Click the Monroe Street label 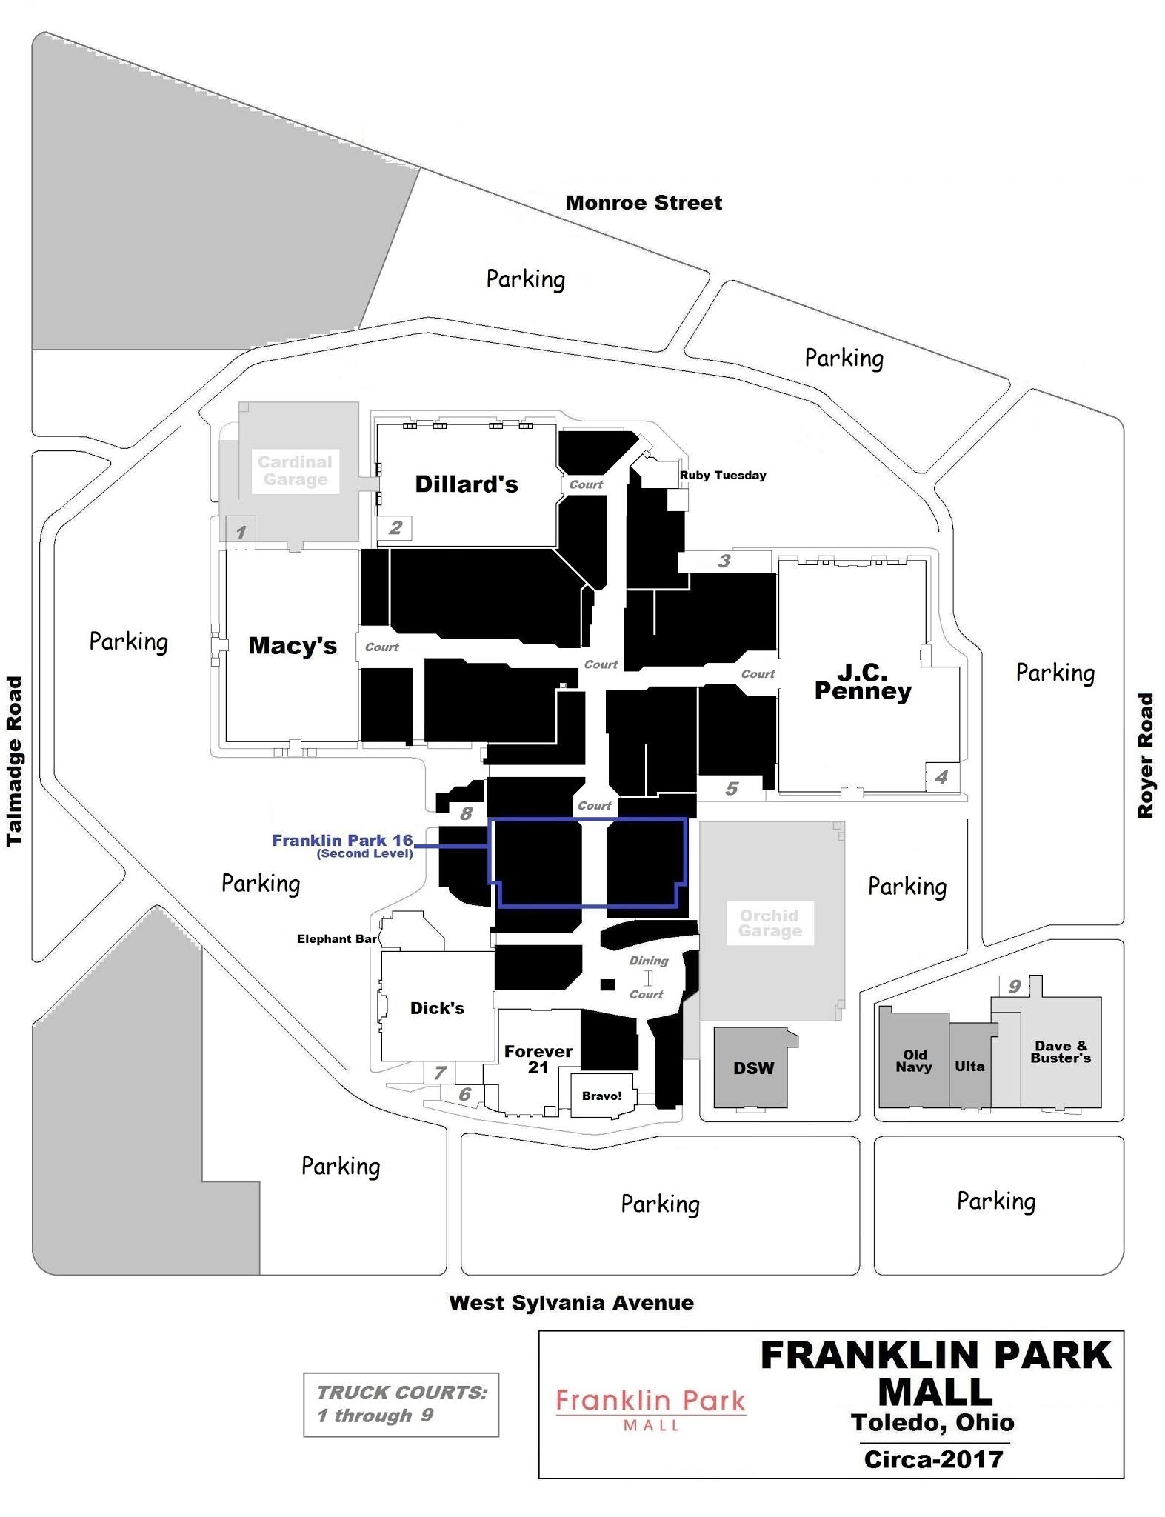[x=643, y=203]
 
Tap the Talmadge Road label [x=14, y=761]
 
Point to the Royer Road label [x=1145, y=755]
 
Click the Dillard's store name [x=466, y=484]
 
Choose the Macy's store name [x=292, y=645]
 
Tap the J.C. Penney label [x=863, y=682]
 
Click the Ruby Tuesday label [x=722, y=476]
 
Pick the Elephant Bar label [x=336, y=939]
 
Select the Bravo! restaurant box [x=601, y=1096]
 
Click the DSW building [x=753, y=1068]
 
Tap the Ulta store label [x=969, y=1067]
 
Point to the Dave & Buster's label [x=1060, y=1053]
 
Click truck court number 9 [x=1014, y=987]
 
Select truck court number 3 [x=724, y=561]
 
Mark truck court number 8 [x=466, y=813]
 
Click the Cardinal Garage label [x=295, y=471]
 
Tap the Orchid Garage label [x=769, y=923]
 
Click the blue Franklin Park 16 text [x=341, y=841]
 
